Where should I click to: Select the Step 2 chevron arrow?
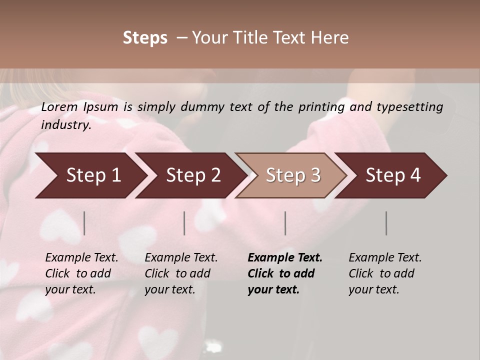(192, 175)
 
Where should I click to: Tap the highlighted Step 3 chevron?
(292, 175)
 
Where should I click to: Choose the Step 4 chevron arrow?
(392, 175)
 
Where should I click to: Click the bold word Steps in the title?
(145, 38)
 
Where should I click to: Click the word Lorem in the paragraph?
(59, 107)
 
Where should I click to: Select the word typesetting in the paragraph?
(409, 107)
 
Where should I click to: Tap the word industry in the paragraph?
(65, 125)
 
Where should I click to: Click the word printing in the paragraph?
(320, 107)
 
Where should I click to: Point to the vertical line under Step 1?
(84, 223)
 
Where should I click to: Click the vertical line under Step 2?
(184, 223)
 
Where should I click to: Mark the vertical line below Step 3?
(285, 223)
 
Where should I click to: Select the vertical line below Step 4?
(386, 223)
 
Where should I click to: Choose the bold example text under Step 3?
(284, 273)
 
